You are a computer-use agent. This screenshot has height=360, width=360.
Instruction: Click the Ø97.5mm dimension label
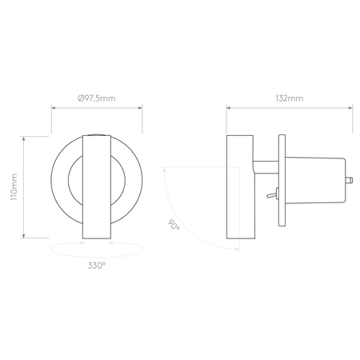(x=97, y=98)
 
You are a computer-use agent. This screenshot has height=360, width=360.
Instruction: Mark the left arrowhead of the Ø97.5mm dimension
(x=53, y=109)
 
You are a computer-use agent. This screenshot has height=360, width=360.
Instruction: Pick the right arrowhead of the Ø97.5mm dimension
(x=141, y=109)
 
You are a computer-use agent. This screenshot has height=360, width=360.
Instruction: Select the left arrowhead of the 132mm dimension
(x=228, y=109)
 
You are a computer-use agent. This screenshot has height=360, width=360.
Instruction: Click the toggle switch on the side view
(x=272, y=194)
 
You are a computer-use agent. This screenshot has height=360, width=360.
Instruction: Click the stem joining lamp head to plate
(x=263, y=166)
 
